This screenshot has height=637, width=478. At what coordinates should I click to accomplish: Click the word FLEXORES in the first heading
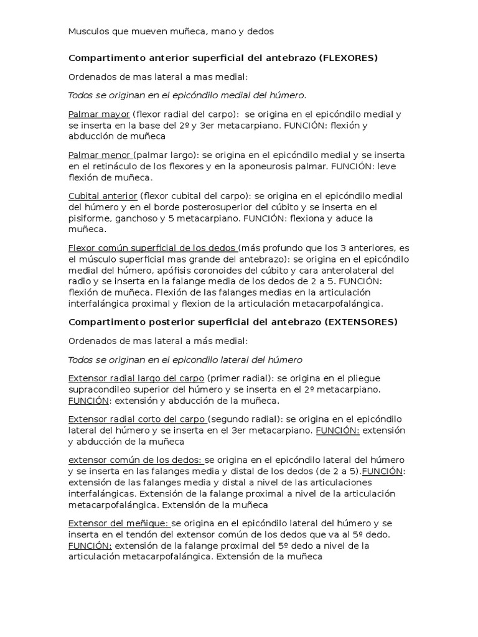349,58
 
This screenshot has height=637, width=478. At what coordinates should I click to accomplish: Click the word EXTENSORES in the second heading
361,322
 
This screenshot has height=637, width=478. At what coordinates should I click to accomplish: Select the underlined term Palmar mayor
99,114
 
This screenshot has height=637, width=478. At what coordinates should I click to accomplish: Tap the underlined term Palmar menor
100,155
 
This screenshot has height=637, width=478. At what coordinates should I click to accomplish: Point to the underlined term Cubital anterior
103,195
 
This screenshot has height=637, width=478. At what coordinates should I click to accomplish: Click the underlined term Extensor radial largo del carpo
136,378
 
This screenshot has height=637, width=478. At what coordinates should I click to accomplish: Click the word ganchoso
137,218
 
